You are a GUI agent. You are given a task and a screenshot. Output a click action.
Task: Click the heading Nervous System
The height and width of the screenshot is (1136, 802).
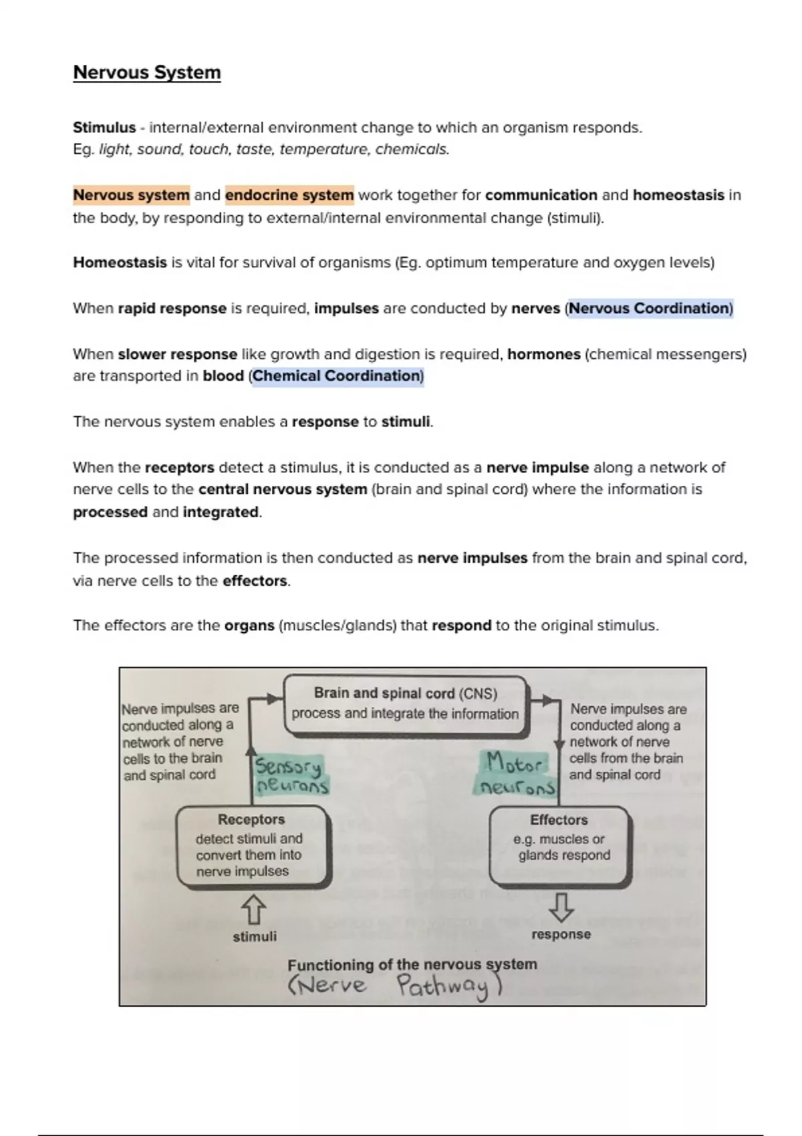[146, 72]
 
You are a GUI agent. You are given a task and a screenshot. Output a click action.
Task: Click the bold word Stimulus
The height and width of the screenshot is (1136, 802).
[104, 128]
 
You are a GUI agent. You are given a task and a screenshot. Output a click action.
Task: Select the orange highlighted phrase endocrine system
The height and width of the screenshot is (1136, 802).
[289, 195]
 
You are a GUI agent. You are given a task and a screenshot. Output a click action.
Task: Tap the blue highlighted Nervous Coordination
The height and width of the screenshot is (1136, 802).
[650, 308]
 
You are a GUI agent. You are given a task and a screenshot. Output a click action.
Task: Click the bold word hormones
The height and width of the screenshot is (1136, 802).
[543, 354]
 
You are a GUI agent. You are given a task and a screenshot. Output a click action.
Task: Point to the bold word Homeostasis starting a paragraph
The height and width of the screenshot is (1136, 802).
[120, 263]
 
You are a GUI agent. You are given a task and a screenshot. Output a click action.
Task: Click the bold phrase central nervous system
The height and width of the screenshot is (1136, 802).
[283, 489]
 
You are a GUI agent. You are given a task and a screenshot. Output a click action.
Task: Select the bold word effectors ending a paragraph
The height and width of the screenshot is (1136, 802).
[255, 581]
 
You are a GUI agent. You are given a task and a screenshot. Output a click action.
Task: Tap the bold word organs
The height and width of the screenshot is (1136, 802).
[249, 625]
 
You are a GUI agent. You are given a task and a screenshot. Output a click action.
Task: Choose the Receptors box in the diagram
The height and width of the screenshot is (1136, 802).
[252, 846]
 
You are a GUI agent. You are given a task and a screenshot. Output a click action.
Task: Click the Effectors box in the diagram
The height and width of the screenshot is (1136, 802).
[560, 846]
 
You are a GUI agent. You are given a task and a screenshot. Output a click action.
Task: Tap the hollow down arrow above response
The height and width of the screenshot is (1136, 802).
[561, 907]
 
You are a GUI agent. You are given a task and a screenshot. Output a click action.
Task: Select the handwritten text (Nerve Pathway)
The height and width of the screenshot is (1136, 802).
[395, 986]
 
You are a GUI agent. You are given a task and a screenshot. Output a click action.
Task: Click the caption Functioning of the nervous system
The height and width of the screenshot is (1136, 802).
[412, 964]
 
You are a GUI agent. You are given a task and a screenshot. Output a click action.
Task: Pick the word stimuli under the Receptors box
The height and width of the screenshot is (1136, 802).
[255, 937]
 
